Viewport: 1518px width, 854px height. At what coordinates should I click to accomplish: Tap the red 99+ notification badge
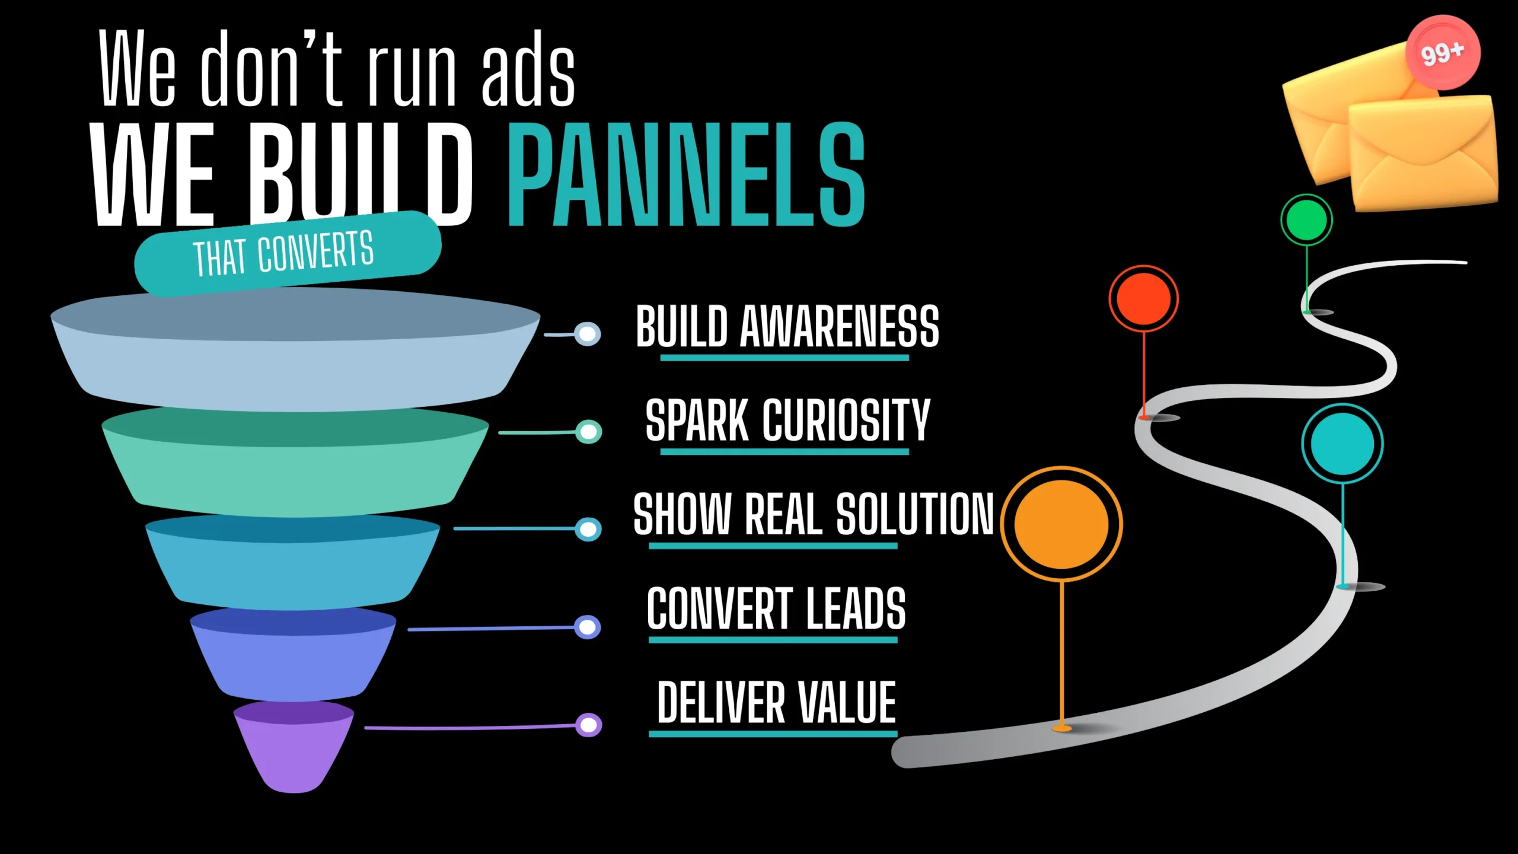tap(1443, 53)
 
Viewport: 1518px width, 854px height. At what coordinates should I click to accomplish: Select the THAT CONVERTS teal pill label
tap(288, 253)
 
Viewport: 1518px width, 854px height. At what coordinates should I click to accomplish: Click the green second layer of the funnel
tap(295, 463)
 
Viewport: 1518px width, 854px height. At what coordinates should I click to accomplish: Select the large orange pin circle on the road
tap(1061, 524)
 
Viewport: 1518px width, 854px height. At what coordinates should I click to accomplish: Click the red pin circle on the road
tap(1144, 299)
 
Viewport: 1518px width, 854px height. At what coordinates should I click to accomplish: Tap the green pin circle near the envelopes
tap(1307, 220)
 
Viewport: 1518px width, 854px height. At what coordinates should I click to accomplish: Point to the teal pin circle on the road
tap(1342, 444)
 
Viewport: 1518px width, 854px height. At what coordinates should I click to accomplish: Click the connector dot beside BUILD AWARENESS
tap(588, 334)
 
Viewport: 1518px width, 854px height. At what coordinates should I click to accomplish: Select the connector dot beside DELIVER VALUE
tap(589, 725)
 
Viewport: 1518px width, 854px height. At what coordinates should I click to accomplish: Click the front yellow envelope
tap(1424, 153)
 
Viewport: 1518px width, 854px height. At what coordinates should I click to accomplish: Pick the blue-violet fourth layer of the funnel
tap(293, 655)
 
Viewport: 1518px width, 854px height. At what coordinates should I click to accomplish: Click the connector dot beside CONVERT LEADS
tap(588, 627)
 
